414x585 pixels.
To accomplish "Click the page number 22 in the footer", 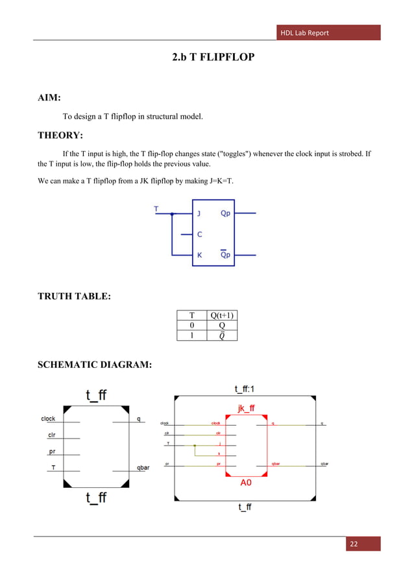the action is point(353,544).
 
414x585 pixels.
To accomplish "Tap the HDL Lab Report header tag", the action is point(305,32).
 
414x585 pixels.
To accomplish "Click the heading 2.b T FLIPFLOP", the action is point(213,58).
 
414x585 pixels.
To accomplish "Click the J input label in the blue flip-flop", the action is point(199,212).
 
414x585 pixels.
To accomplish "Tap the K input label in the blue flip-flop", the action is point(199,255).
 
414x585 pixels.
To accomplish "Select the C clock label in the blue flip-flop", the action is point(199,234).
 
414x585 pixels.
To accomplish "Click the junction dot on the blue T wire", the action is point(172,213).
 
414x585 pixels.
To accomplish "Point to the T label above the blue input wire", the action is point(156,208).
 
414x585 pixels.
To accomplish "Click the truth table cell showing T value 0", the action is point(191,326).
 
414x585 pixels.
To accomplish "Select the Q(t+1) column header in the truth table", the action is point(221,315).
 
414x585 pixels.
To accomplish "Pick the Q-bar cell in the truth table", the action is point(221,336).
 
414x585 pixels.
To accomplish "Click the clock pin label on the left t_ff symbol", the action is point(48,419).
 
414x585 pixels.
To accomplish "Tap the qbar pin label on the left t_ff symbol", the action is point(143,467).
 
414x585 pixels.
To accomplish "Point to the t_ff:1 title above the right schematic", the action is point(247,389).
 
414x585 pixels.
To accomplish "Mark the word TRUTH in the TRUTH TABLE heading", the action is point(62,297).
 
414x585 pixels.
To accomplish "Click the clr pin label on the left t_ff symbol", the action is point(51,435).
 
